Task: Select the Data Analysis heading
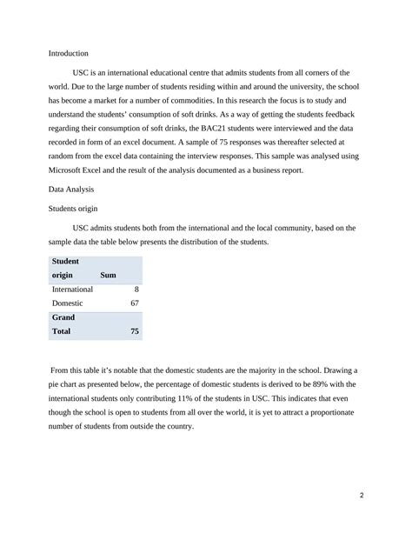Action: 72,188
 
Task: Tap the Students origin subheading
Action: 74,208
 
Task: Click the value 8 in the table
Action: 136,289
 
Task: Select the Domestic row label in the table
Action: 68,303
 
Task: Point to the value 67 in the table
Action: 134,303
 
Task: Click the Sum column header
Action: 109,275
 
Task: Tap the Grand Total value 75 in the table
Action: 134,331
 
